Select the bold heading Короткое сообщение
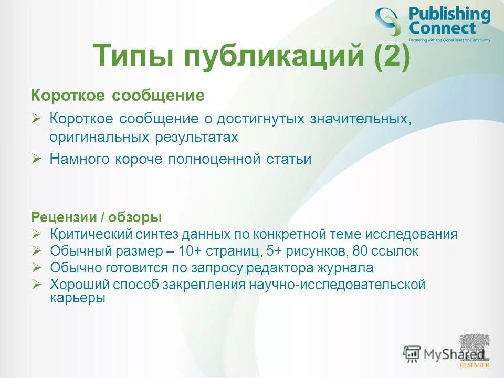(x=117, y=96)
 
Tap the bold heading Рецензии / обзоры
(x=97, y=217)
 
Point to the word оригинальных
(x=100, y=138)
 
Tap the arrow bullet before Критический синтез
(x=36, y=234)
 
